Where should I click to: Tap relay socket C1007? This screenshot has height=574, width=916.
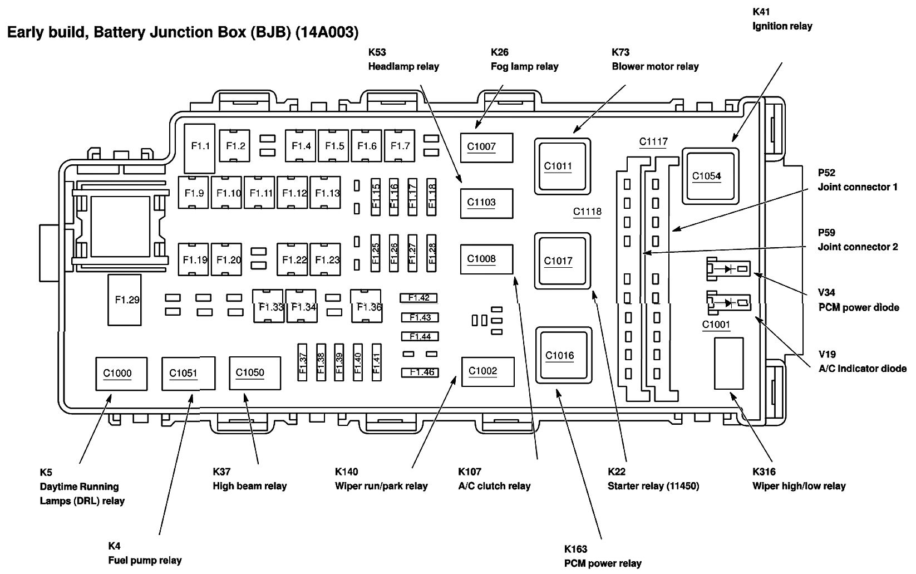[x=486, y=147]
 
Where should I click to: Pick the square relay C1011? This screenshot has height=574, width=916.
[x=562, y=166]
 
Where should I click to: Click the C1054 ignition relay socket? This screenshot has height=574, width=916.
[x=710, y=175]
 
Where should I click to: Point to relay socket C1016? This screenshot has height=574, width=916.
[x=563, y=355]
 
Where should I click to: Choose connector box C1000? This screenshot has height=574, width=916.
[x=121, y=374]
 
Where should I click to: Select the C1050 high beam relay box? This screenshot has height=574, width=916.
[x=254, y=373]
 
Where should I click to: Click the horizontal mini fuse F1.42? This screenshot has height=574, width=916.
[x=418, y=298]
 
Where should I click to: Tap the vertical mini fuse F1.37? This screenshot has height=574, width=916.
[x=303, y=362]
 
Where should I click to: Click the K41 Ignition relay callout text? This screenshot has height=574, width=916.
[x=781, y=19]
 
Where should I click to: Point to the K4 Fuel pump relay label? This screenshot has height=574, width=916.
[x=144, y=553]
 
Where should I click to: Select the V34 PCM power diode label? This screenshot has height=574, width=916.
[x=858, y=300]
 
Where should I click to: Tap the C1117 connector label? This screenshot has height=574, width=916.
[x=653, y=142]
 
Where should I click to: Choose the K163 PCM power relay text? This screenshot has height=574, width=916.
[x=602, y=556]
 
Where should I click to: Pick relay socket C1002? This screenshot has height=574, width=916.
[x=487, y=371]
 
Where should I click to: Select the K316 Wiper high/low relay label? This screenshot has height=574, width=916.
[x=798, y=479]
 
